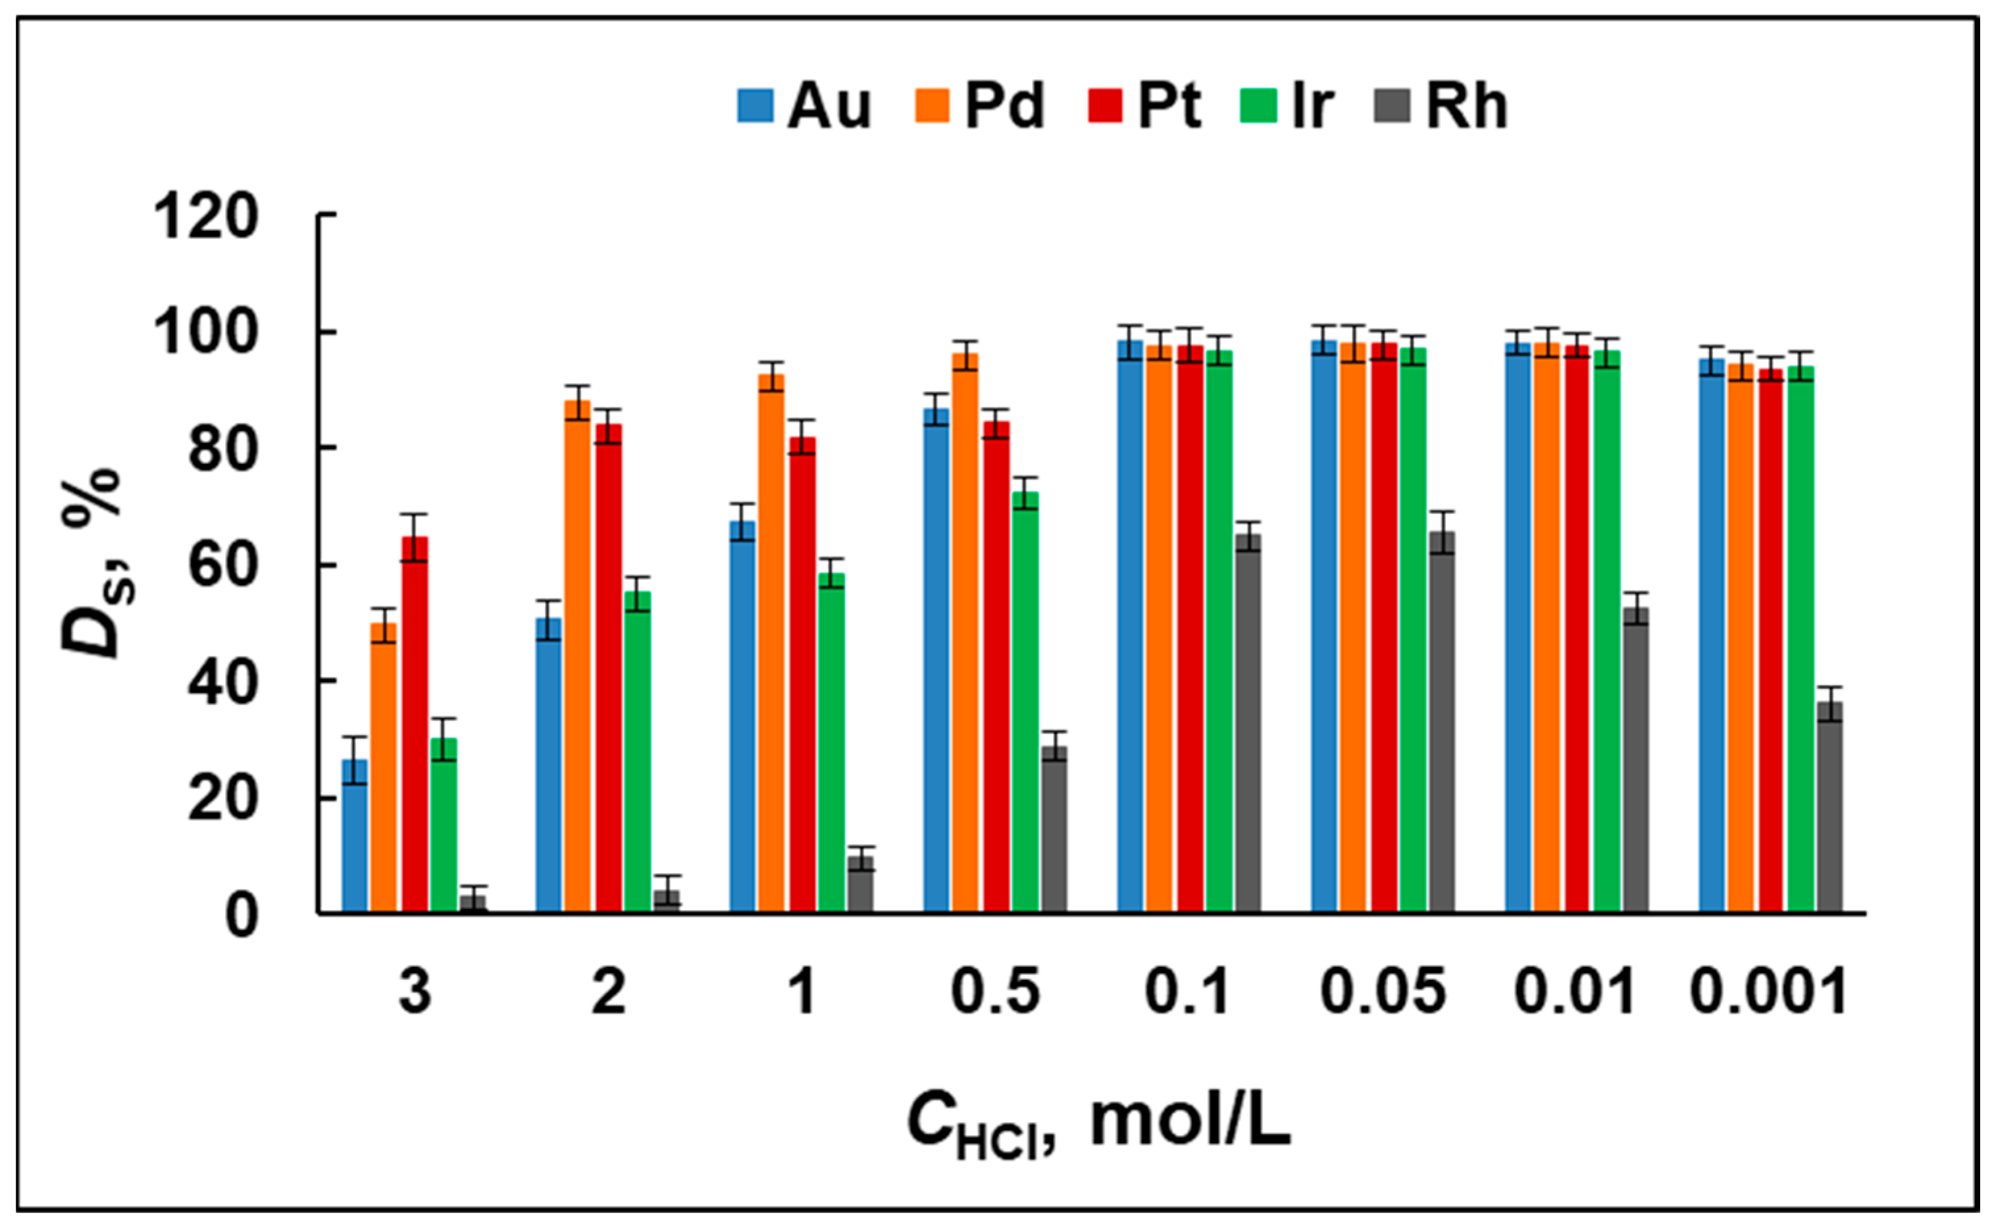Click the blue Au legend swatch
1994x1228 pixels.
point(755,105)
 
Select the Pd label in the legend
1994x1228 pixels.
point(1004,105)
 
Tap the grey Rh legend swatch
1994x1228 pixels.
point(1391,105)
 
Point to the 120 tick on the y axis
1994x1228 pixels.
point(205,217)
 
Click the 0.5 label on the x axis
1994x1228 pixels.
point(995,992)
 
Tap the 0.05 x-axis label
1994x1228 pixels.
point(1383,992)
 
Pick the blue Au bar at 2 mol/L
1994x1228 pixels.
point(548,763)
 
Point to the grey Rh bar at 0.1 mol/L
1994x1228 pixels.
point(1248,723)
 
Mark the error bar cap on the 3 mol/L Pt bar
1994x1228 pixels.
point(415,514)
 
